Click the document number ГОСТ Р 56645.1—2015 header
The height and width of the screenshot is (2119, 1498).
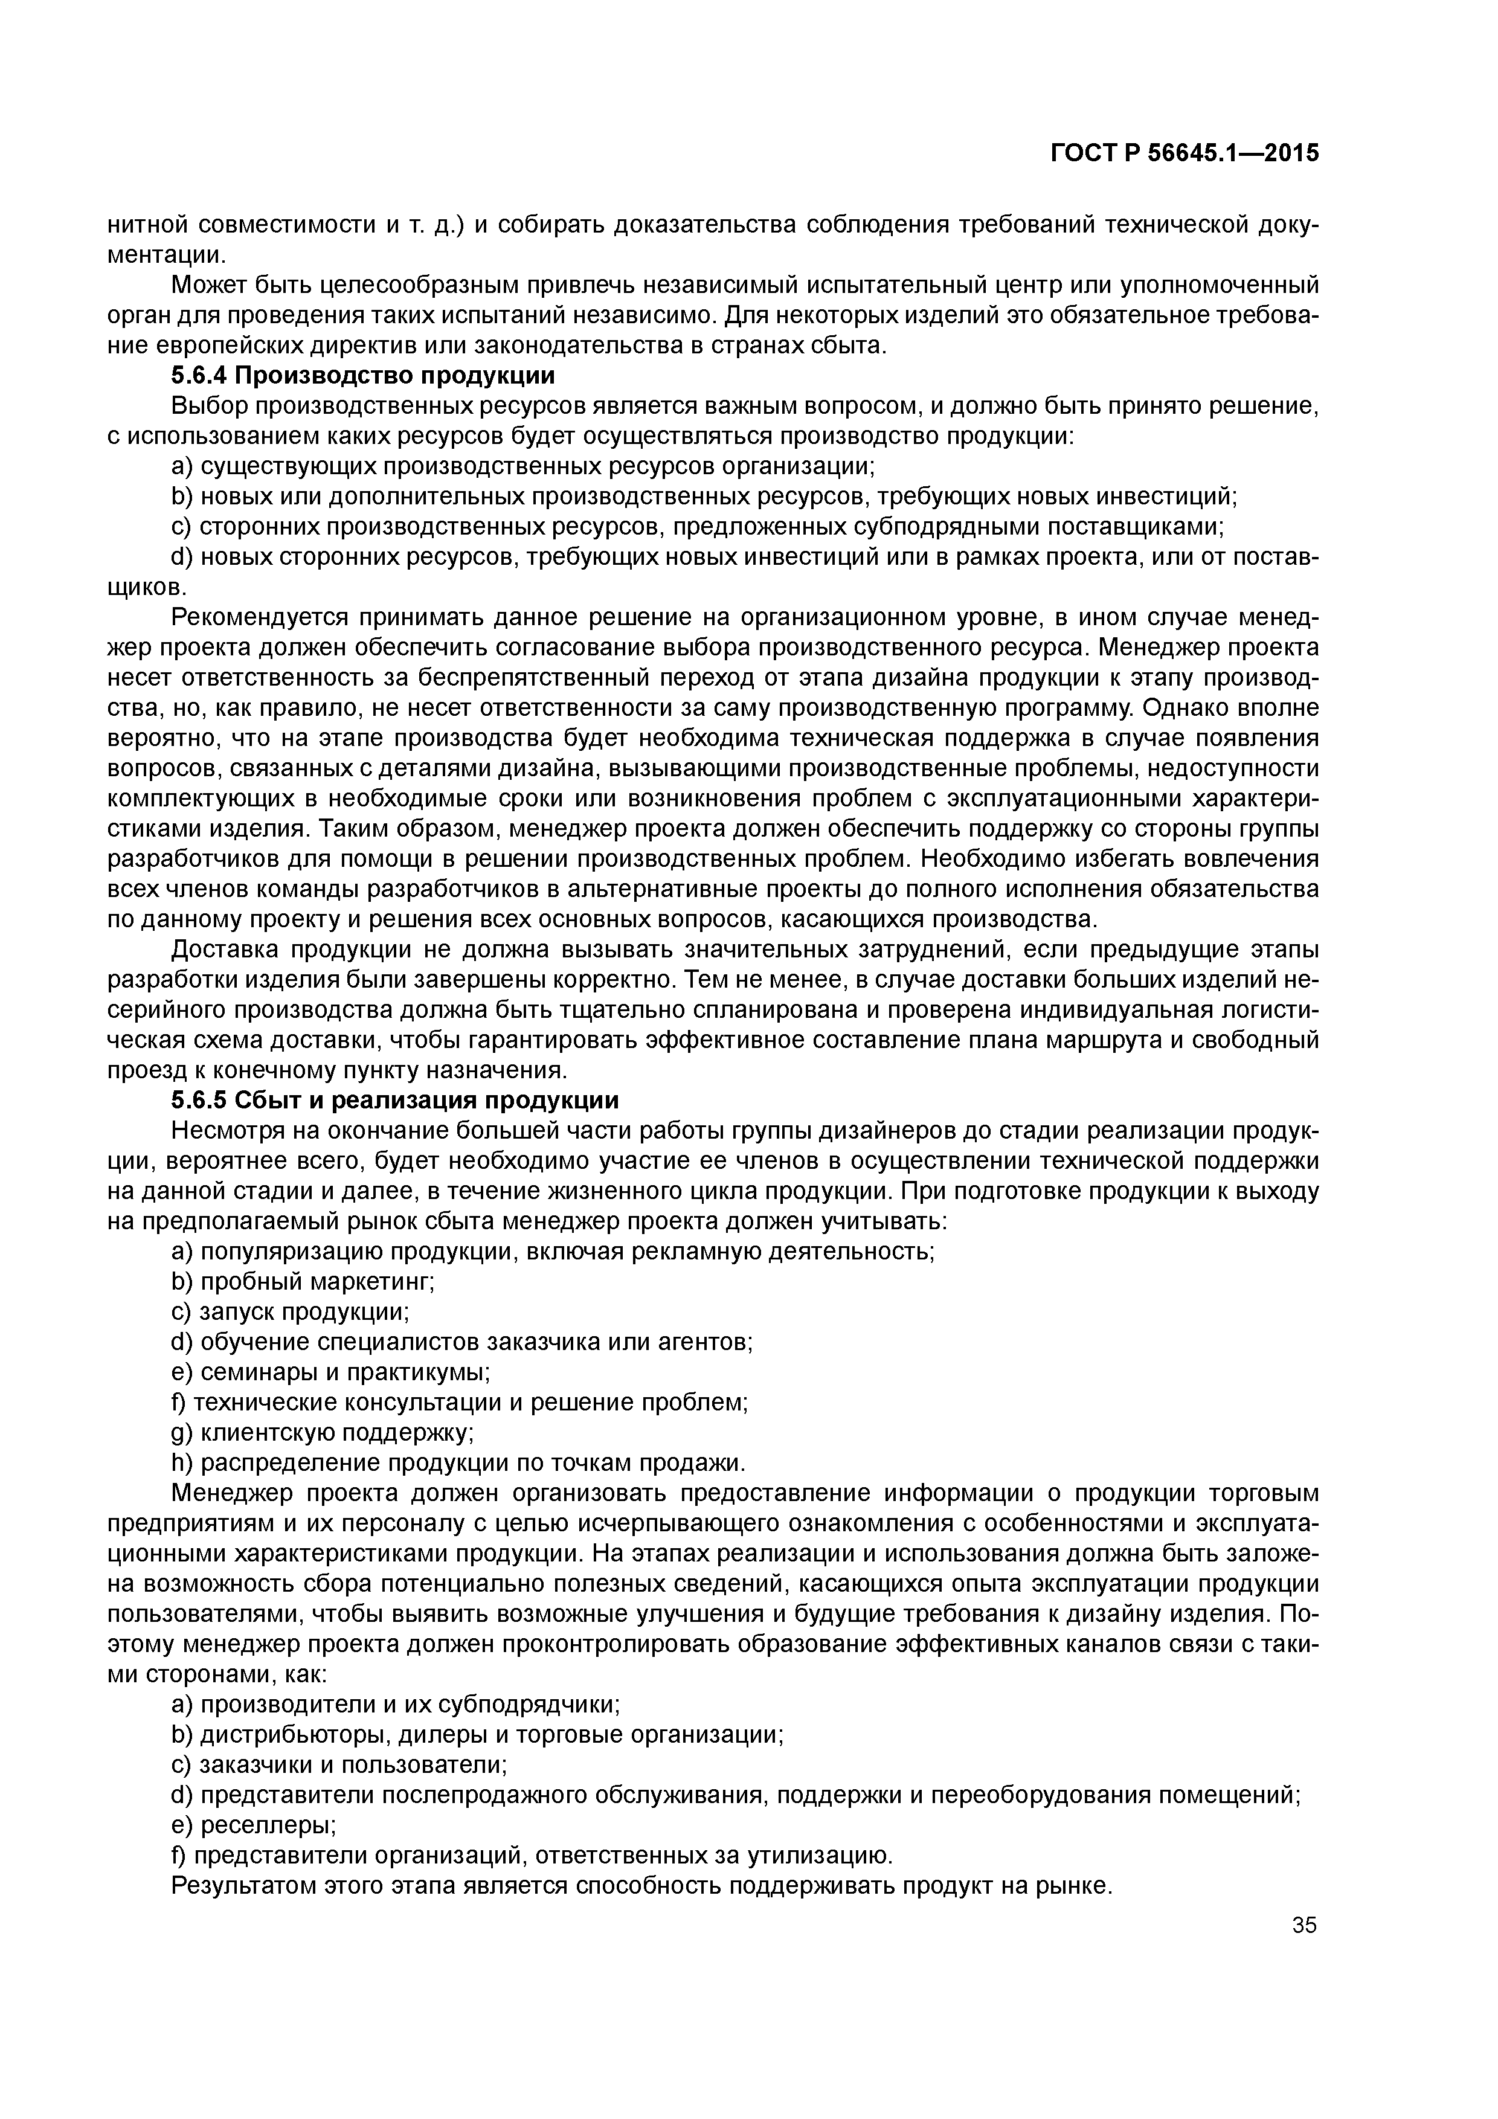1184,153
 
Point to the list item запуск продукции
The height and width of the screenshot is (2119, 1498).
290,1313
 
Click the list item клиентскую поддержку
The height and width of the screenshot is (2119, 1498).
323,1432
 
